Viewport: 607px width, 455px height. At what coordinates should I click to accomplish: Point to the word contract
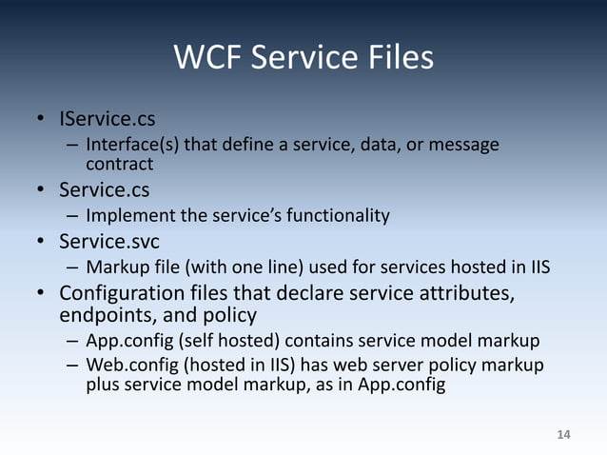tap(119, 165)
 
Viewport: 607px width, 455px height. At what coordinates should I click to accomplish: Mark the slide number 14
tap(563, 435)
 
